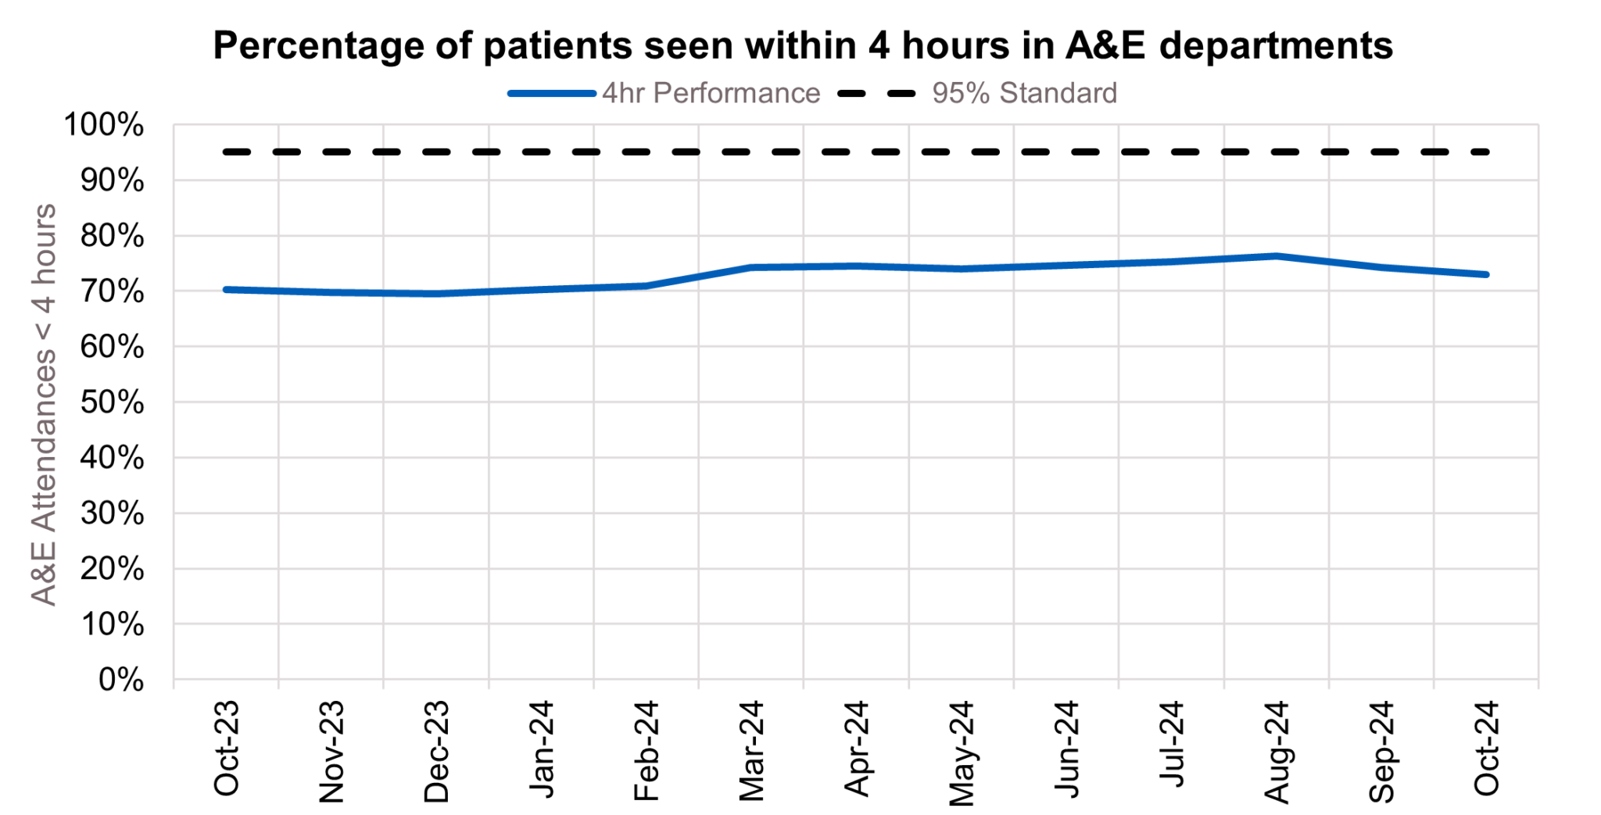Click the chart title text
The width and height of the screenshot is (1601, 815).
(x=802, y=45)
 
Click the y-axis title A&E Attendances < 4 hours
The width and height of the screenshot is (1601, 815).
(x=45, y=404)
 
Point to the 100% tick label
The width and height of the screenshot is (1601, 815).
(x=103, y=125)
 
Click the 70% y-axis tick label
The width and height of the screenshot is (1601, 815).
(x=112, y=291)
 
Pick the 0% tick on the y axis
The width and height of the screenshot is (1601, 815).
(x=120, y=680)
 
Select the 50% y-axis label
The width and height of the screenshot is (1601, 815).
(x=112, y=402)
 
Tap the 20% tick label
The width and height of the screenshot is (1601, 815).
(x=112, y=569)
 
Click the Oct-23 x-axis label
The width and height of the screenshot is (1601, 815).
(x=227, y=748)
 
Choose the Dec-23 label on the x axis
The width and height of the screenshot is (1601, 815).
(x=436, y=751)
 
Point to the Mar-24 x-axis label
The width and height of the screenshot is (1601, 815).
(x=751, y=751)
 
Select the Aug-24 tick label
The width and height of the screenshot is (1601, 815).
(x=1277, y=751)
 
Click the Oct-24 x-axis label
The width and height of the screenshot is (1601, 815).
(x=1486, y=748)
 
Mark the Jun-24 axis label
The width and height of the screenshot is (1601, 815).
(x=1066, y=749)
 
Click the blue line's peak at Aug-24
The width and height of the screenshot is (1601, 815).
(x=1276, y=256)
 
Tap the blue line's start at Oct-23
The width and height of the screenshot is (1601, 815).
(x=227, y=289)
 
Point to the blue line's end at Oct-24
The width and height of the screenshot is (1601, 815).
(x=1485, y=274)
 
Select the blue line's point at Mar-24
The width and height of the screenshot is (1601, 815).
(x=751, y=267)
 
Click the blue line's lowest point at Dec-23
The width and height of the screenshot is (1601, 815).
(x=436, y=294)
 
